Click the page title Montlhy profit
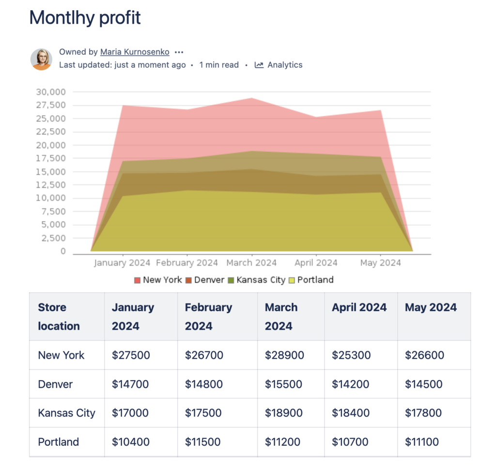85,18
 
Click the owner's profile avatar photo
41,59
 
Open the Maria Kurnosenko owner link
135,52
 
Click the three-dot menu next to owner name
179,52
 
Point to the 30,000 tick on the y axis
51,92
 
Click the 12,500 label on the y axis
51,185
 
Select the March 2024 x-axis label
251,263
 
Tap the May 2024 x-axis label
380,263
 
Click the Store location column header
59,317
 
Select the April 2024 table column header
359,307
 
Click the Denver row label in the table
55,384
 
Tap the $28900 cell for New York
284,355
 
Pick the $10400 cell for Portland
130,442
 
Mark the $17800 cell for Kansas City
423,413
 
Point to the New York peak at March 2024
251,98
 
